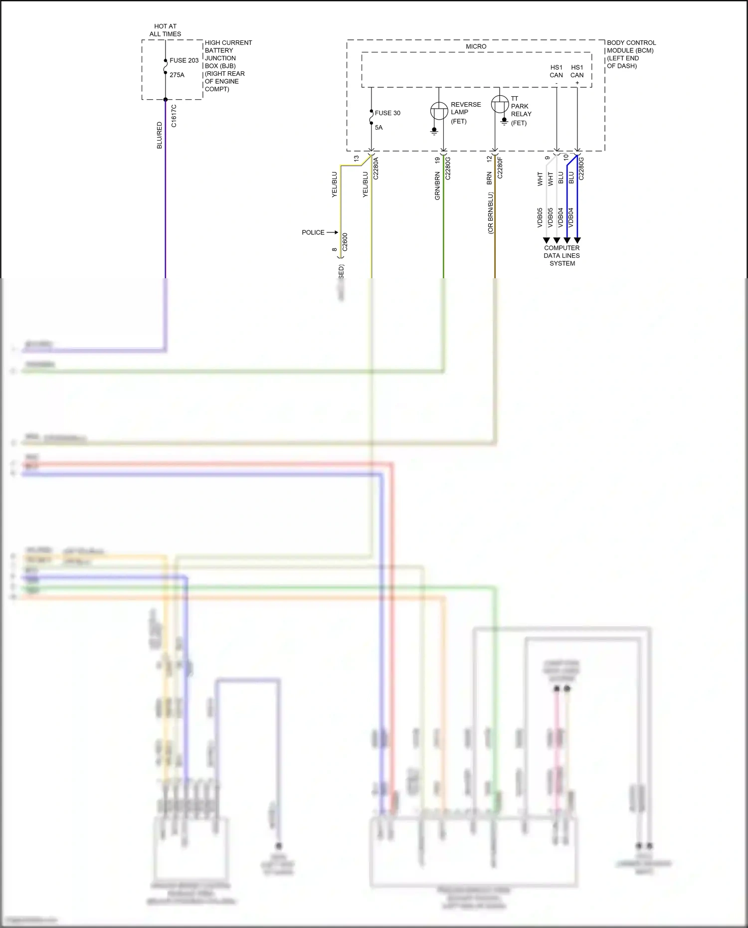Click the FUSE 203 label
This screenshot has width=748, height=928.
(x=184, y=60)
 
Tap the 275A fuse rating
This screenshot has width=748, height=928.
(x=177, y=75)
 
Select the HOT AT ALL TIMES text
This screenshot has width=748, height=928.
(x=166, y=30)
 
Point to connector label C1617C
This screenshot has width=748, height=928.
(x=174, y=116)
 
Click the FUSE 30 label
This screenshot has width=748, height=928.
(x=387, y=113)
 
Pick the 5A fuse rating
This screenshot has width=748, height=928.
(x=379, y=128)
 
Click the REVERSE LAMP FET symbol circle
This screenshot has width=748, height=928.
(x=439, y=111)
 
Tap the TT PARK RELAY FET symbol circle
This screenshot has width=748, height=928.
(x=500, y=104)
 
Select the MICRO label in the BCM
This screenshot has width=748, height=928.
(x=476, y=46)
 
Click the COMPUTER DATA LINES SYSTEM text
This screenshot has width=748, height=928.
(x=562, y=255)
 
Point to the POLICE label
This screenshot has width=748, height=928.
(x=313, y=232)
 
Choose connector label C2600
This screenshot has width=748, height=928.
(x=345, y=242)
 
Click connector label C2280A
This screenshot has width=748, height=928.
(x=376, y=168)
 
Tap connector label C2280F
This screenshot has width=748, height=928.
(x=500, y=167)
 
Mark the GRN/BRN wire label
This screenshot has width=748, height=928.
(x=437, y=186)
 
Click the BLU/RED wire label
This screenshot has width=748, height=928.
(x=160, y=135)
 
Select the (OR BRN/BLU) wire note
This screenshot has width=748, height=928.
(x=490, y=213)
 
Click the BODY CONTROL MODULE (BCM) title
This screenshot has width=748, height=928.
(x=631, y=46)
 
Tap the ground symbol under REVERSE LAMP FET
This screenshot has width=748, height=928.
(x=434, y=132)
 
